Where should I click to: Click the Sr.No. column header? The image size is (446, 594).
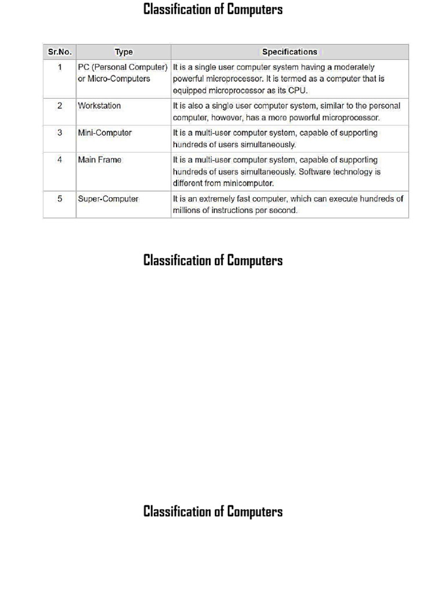pyautogui.click(x=59, y=52)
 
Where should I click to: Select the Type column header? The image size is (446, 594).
pyautogui.click(x=124, y=52)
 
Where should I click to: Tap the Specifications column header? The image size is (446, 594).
pyautogui.click(x=290, y=52)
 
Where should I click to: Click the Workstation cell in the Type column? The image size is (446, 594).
pyautogui.click(x=99, y=106)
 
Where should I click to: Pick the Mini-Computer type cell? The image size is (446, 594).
pyautogui.click(x=105, y=133)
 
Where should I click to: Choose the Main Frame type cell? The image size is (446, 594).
pyautogui.click(x=100, y=160)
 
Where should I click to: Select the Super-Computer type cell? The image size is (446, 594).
pyautogui.click(x=108, y=199)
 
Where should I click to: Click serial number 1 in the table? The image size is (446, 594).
pyautogui.click(x=60, y=67)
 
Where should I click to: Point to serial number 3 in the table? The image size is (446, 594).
pyautogui.click(x=60, y=133)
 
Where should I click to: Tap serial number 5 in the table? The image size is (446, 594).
pyautogui.click(x=60, y=199)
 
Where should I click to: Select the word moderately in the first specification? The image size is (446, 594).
pyautogui.click(x=354, y=67)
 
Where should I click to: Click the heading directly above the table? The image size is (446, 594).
pyautogui.click(x=213, y=10)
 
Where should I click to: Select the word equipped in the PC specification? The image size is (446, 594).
pyautogui.click(x=189, y=90)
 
